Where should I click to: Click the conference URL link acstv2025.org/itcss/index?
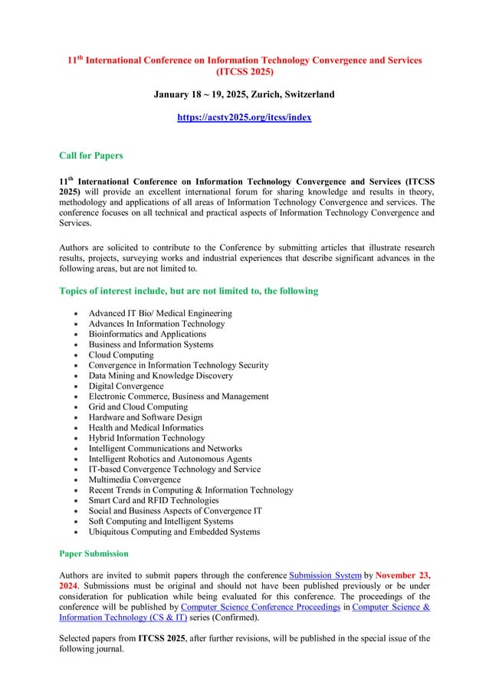coord(244,117)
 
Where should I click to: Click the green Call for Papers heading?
coord(90,156)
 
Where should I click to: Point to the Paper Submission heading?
coord(94,553)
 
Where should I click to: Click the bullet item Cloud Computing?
coord(121,355)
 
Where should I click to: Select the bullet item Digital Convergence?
coord(126,386)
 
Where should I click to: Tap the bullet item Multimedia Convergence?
coord(134,479)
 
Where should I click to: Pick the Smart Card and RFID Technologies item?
coord(153,500)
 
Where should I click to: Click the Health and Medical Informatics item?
coord(146,427)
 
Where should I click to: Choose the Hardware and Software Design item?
coord(146,417)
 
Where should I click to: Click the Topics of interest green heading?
coord(189,292)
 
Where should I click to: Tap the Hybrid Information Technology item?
coord(146,438)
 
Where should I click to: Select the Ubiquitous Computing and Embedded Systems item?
coord(174,532)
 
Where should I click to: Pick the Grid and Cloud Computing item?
coord(138,407)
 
